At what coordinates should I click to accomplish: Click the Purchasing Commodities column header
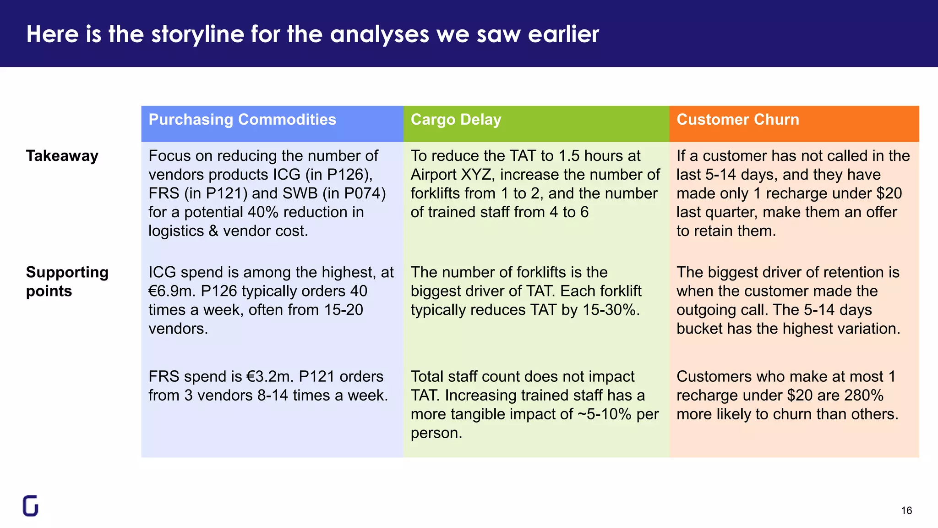pos(242,120)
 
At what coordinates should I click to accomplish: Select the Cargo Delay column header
pos(456,120)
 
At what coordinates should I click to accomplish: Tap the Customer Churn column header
pos(737,120)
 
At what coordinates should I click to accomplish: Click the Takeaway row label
pos(62,156)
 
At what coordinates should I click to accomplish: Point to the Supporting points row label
pos(67,281)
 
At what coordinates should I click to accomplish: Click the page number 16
pos(906,511)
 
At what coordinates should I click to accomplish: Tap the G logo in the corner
pos(31,506)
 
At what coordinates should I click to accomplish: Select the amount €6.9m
pos(172,291)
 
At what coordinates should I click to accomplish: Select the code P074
pos(362,193)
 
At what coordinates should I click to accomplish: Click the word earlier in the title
pos(563,34)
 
